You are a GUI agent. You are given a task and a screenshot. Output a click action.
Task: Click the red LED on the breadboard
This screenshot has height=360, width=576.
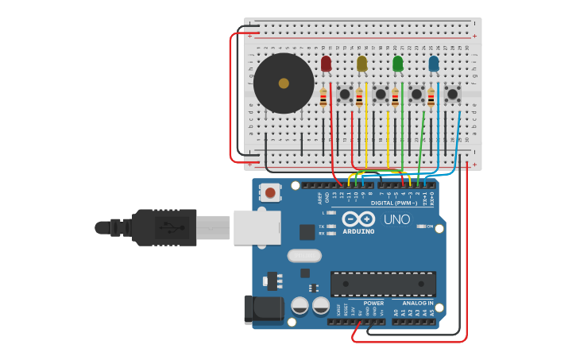326,63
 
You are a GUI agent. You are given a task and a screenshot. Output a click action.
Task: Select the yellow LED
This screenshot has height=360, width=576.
362,63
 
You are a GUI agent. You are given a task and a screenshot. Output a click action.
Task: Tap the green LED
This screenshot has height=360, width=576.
398,63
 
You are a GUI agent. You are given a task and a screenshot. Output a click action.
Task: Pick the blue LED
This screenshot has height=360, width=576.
434,63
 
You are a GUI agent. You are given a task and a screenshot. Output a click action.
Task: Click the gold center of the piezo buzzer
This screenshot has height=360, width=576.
284,83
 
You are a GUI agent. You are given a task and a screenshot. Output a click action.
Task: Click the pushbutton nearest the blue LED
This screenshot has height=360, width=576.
452,95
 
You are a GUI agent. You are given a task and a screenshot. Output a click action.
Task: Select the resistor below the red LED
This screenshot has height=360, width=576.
323,98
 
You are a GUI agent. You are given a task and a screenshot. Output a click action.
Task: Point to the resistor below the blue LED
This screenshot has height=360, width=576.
431,98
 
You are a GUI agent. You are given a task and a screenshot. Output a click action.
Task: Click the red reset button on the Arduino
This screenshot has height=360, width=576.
271,192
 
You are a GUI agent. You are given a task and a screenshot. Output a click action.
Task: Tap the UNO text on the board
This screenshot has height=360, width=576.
397,219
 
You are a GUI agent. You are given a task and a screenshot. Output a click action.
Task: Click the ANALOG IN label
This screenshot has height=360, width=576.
417,303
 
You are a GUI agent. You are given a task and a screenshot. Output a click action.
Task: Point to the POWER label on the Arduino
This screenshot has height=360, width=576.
373,303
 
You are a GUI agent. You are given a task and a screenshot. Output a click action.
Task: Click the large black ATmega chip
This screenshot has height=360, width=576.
383,284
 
